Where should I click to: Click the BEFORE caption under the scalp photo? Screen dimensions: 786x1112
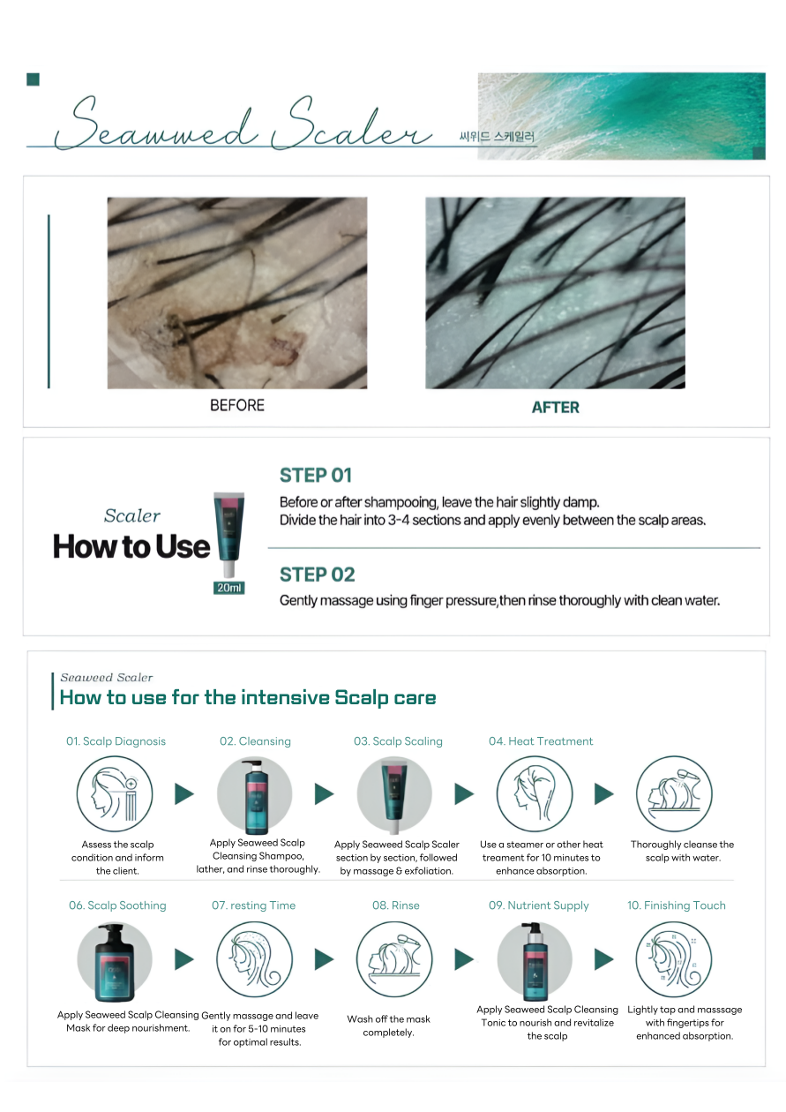click(237, 405)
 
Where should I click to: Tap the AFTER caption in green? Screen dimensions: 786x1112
click(555, 408)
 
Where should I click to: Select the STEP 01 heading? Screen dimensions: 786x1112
click(316, 475)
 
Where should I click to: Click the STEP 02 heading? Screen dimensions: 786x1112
click(317, 575)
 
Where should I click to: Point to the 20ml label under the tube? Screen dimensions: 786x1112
click(228, 588)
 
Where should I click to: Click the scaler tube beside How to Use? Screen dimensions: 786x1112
click(228, 535)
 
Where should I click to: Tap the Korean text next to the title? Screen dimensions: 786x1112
click(497, 137)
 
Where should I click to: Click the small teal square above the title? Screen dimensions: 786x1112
click(33, 79)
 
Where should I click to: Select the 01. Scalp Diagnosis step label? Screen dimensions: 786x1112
click(116, 741)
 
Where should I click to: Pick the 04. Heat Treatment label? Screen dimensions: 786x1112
click(541, 741)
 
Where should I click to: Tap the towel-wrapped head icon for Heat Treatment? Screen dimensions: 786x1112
click(535, 793)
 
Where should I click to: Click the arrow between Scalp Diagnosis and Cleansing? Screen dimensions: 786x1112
click(184, 793)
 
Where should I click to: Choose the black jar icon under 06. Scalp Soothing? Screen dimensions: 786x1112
click(115, 962)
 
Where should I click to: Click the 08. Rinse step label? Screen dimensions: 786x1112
click(395, 905)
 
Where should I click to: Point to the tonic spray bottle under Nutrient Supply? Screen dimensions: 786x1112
click(535, 961)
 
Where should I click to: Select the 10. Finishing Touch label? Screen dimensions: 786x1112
click(676, 905)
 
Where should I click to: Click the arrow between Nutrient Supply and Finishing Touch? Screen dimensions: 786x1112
click(604, 959)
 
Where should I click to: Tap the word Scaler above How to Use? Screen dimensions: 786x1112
click(132, 515)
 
